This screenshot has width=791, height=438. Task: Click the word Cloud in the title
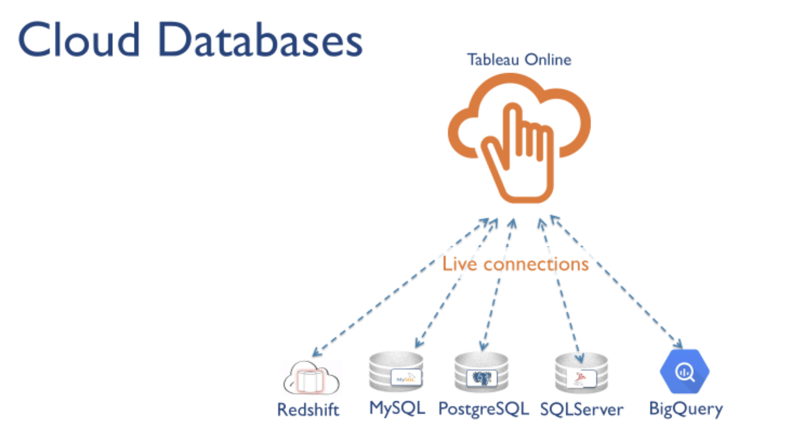tap(79, 40)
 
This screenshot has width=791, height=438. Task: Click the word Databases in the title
tap(260, 40)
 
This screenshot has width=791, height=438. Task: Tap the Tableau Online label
tap(519, 60)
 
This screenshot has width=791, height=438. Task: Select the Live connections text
tap(515, 264)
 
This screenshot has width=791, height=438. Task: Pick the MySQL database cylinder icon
tap(396, 372)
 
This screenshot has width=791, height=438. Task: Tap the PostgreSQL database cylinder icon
tap(482, 373)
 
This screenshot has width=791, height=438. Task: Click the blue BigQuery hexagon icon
tap(685, 371)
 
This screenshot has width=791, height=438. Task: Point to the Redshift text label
tap(308, 410)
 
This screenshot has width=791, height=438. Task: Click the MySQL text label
tap(397, 408)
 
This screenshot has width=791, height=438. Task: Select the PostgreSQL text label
tap(483, 409)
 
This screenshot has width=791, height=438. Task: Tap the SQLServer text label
tap(582, 410)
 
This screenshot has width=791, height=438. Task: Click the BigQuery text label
tap(686, 409)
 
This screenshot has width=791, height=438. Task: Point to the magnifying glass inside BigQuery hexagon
tap(685, 372)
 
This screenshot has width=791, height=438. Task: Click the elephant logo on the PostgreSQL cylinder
tap(482, 378)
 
